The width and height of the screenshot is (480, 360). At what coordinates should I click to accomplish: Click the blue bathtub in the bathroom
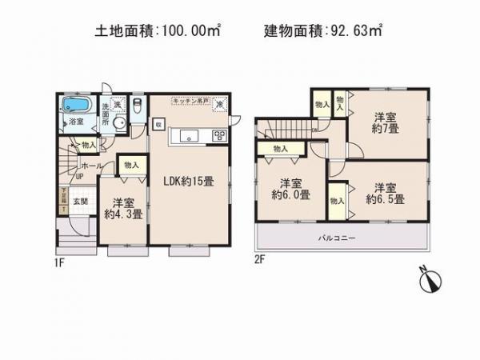(76, 105)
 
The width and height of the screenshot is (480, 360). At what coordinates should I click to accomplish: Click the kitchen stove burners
(218, 134)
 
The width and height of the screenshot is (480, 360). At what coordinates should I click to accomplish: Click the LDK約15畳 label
(189, 182)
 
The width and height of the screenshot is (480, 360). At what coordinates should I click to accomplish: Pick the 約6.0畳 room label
(286, 187)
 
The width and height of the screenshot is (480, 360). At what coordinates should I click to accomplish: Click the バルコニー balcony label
(341, 238)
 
